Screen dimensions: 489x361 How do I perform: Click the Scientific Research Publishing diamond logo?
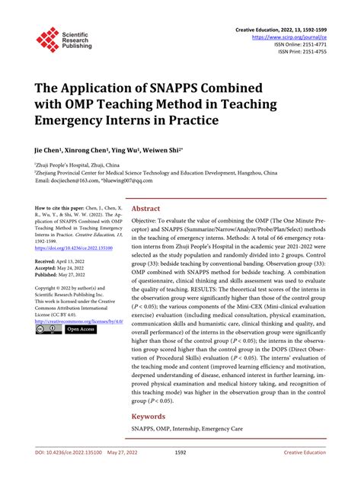click(48, 40)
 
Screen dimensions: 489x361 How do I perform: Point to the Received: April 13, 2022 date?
click(65, 260)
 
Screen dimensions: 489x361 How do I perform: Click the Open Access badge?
click(80, 330)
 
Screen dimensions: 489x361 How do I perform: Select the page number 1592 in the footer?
click(180, 474)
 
